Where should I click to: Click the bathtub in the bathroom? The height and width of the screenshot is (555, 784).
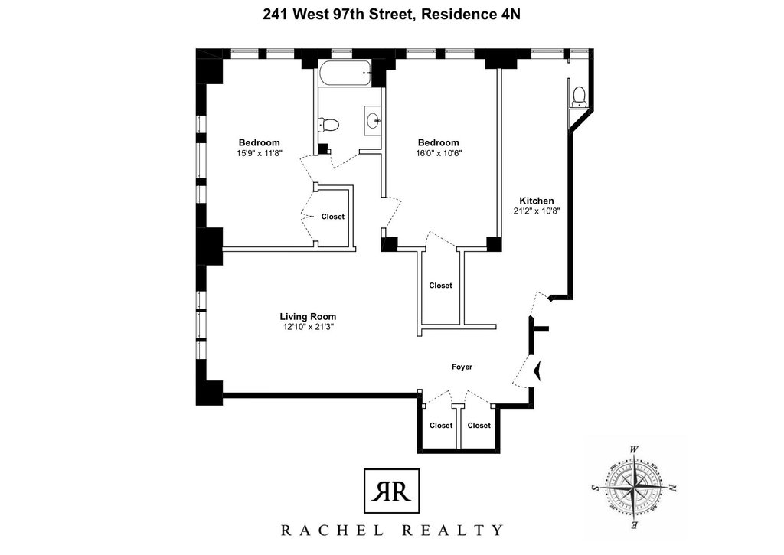coord(345,73)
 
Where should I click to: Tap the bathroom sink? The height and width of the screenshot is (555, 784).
coord(373,120)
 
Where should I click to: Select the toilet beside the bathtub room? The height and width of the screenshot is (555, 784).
coord(328,124)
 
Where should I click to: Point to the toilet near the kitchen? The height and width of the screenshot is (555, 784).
coord(579,96)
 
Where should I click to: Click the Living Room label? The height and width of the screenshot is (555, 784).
coord(308,316)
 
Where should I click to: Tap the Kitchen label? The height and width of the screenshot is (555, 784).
coord(537,201)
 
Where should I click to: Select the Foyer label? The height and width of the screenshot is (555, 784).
coord(462,367)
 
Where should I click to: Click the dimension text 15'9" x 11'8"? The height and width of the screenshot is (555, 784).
coord(260,154)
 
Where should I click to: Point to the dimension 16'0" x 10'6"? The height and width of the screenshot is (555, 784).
coord(439,154)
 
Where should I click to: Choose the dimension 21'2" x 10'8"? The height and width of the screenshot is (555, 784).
coord(537,211)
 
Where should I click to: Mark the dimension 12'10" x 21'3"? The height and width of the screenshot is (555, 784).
coord(308,327)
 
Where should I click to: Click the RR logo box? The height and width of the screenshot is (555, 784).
coord(391,491)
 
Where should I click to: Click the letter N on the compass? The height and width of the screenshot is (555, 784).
coord(672,488)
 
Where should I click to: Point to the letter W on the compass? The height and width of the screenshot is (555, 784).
coord(633,449)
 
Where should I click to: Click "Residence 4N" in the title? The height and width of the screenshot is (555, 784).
coord(471,15)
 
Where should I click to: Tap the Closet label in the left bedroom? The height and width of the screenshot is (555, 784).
coord(333,217)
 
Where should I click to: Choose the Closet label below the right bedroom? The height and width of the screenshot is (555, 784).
coord(440,286)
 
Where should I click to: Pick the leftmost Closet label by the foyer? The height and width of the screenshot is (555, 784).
coord(441,426)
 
